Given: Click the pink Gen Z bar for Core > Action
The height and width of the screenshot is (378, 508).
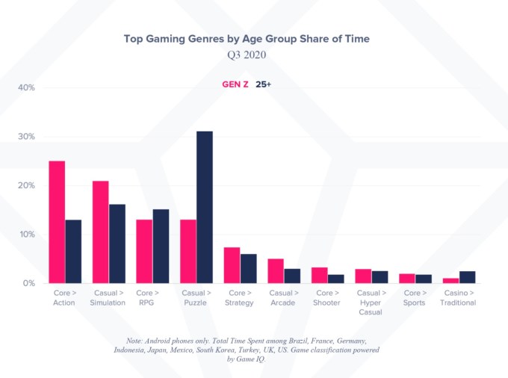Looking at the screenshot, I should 57,222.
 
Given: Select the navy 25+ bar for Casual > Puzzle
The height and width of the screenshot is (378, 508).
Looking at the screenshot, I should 205,207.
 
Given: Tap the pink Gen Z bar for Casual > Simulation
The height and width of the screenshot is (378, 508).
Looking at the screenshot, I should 101,232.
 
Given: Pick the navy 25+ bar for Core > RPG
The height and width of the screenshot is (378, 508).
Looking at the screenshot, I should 161,246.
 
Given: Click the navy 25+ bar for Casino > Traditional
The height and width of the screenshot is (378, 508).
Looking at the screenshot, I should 468,276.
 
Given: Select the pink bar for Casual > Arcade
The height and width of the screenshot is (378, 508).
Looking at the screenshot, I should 276,270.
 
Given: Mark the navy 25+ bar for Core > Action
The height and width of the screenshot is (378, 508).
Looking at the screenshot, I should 73,251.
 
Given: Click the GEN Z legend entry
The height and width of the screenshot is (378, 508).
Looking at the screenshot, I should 235,84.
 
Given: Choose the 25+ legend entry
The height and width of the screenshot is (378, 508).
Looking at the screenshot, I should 264,84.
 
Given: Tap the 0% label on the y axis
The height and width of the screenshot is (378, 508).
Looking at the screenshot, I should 28,283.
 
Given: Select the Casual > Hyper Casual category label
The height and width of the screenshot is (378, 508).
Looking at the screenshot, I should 371,303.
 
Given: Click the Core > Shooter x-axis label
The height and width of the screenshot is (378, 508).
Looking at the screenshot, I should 326,298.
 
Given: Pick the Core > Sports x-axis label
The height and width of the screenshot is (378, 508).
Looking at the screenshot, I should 415,298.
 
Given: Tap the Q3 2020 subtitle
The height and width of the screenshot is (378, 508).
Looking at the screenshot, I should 247,55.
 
